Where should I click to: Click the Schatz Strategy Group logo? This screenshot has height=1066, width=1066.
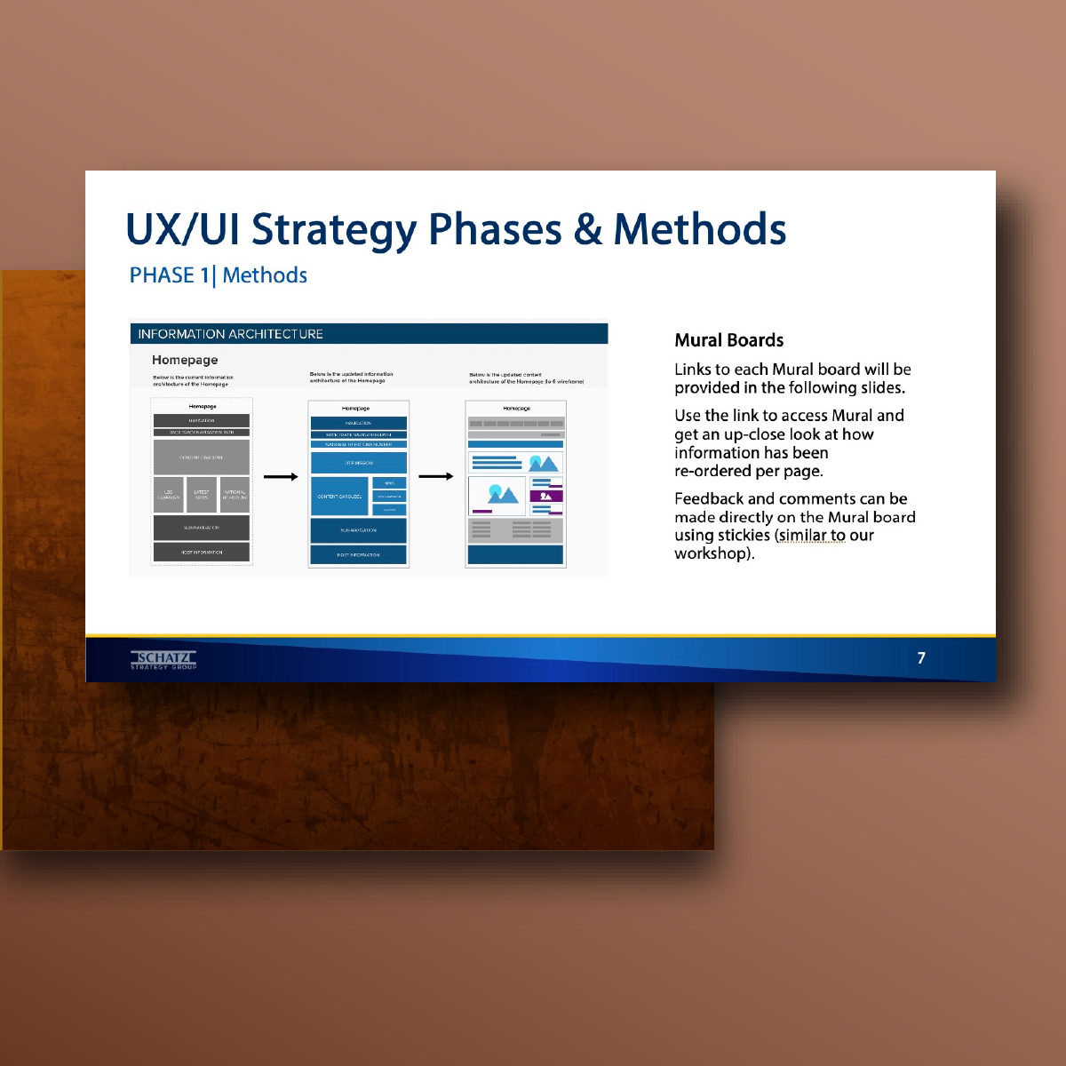[163, 659]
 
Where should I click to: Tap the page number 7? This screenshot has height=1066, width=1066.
[921, 658]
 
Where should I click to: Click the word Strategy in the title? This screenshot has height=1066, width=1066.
[333, 230]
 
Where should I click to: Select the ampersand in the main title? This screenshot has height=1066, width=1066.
[587, 230]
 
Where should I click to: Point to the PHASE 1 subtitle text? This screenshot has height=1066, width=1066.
[169, 275]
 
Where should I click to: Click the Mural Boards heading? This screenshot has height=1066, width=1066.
[728, 340]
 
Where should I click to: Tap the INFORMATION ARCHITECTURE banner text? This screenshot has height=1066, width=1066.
[230, 334]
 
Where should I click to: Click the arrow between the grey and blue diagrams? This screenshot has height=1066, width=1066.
[281, 477]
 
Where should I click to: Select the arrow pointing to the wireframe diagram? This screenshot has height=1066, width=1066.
[435, 477]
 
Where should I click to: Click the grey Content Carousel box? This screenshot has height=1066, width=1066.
[202, 457]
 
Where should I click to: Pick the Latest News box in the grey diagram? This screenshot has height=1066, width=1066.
[202, 495]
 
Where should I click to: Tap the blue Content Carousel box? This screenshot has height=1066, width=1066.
[339, 497]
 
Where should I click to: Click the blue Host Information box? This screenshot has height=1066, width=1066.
[358, 554]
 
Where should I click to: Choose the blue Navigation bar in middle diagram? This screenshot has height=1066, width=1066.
[358, 423]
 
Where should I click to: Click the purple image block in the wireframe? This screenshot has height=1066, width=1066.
[545, 496]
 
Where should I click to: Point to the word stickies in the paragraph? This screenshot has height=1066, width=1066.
[744, 536]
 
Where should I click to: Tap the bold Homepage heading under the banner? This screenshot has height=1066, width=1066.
[185, 360]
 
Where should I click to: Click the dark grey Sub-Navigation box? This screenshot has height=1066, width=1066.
[202, 528]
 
